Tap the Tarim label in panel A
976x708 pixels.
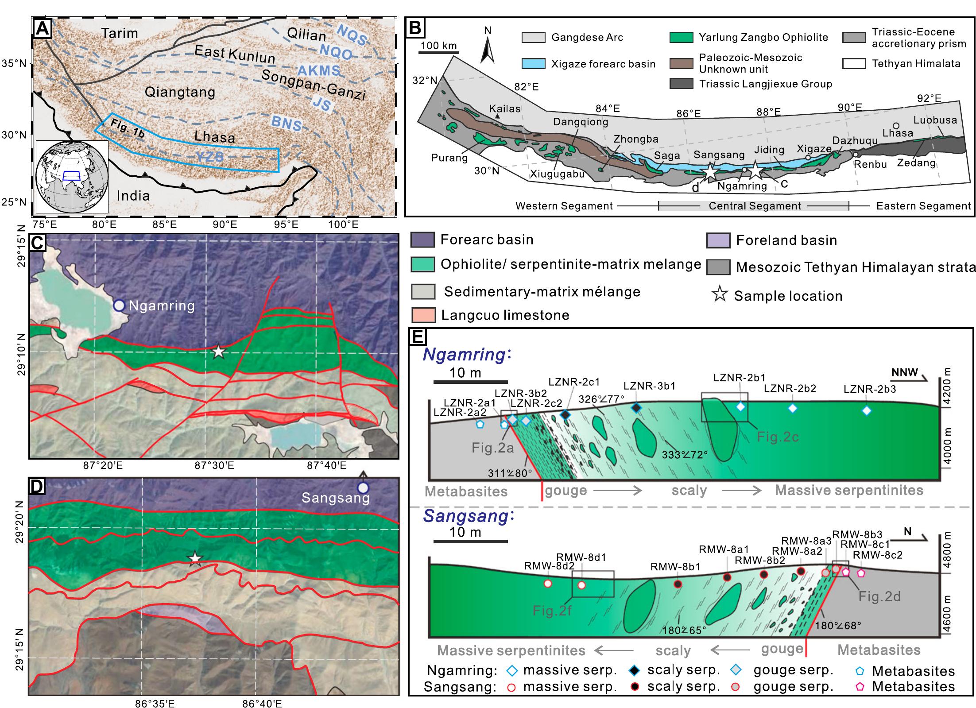tap(119, 33)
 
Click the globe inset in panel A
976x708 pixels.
tap(72, 177)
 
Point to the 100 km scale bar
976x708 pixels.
tap(439, 52)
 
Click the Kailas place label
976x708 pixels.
tap(504, 108)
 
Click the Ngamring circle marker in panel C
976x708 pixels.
tap(119, 305)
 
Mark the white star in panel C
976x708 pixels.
tap(218, 352)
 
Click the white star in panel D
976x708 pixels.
tap(194, 559)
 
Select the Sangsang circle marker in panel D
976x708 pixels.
tap(363, 488)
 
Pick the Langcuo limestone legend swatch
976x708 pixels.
tap(424, 315)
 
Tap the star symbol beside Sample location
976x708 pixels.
tap(720, 295)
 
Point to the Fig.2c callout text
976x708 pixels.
tap(778, 437)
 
